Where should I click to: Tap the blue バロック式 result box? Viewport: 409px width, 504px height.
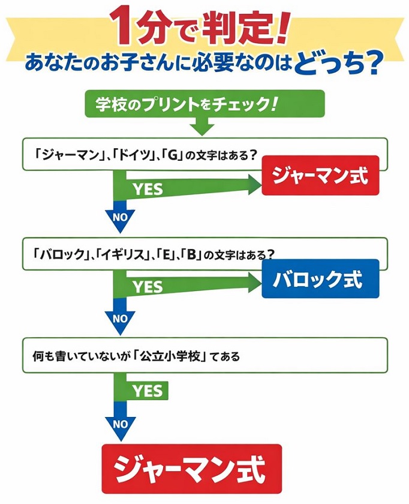point(320,278)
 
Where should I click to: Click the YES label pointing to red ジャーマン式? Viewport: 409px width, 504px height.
point(148,189)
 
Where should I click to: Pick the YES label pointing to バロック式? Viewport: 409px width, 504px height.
point(148,287)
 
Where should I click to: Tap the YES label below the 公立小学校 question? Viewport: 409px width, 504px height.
point(148,391)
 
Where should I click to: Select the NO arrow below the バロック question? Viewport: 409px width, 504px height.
point(120,319)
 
